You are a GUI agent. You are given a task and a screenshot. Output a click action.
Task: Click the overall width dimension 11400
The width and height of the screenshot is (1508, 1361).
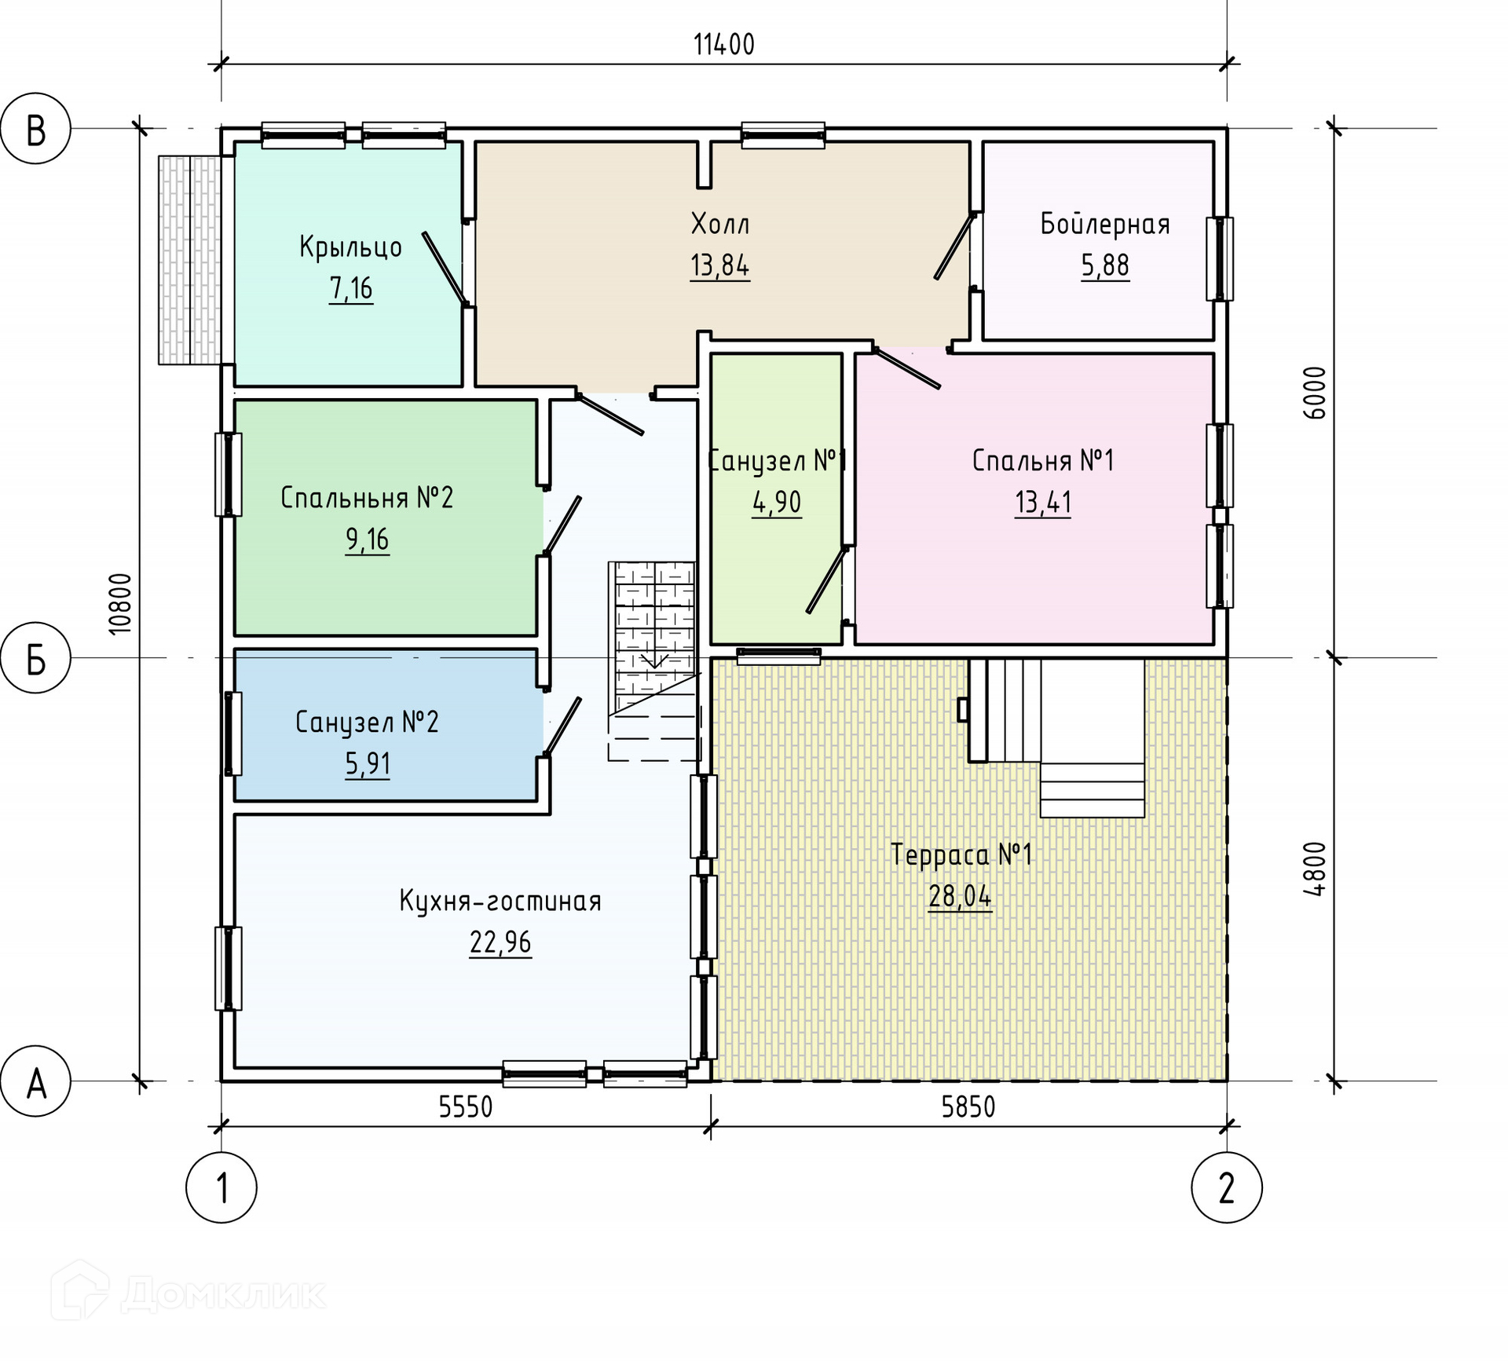(x=723, y=45)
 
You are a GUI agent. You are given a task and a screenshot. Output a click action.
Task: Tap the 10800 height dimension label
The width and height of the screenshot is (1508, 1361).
(x=120, y=604)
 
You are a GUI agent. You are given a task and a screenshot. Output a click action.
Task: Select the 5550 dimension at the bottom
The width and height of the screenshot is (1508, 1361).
(x=466, y=1107)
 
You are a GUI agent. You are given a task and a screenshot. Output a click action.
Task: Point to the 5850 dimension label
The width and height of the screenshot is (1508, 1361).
(x=968, y=1107)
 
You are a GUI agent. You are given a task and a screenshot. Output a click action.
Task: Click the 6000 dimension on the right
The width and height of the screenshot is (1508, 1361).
(x=1314, y=393)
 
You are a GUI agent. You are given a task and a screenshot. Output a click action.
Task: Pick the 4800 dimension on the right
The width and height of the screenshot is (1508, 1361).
(x=1314, y=869)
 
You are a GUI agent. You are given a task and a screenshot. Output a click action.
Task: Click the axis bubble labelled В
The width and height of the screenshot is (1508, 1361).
(x=35, y=129)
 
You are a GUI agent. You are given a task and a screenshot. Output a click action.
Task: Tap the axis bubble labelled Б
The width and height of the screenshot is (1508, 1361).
(x=35, y=658)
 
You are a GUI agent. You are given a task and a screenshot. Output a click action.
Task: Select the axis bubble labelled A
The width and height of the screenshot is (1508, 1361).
(x=35, y=1081)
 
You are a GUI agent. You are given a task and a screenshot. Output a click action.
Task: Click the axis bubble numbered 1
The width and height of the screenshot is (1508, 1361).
(x=221, y=1187)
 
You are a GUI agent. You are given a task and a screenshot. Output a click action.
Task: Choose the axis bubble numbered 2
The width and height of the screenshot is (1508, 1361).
(x=1227, y=1187)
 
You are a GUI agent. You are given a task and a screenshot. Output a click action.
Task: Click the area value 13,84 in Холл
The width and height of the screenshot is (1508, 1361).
(x=720, y=266)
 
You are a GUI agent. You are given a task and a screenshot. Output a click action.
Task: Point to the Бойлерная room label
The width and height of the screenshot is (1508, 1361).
(x=1105, y=225)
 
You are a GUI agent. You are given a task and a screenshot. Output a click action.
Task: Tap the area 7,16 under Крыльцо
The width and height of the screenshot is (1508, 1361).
(x=351, y=289)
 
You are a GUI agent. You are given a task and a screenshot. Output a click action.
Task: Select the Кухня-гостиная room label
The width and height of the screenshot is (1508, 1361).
(x=500, y=901)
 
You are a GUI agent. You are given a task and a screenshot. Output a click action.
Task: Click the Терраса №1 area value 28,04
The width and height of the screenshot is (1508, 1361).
(x=961, y=896)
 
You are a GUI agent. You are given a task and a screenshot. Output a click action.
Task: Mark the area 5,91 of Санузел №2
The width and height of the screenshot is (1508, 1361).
(x=368, y=764)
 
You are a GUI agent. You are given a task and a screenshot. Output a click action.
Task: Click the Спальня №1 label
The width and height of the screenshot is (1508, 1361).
(x=1043, y=460)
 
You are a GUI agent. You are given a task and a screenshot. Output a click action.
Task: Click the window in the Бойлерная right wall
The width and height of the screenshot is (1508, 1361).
(x=1220, y=259)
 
